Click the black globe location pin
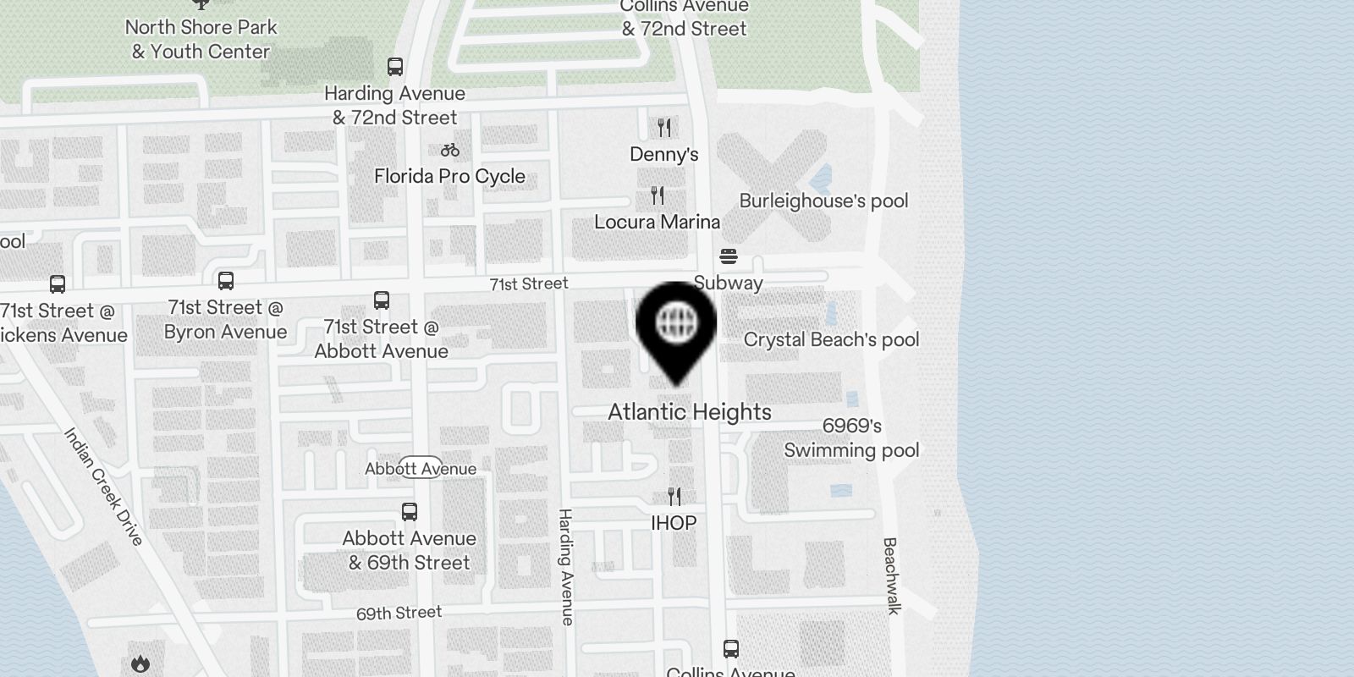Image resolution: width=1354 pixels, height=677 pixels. (x=676, y=325)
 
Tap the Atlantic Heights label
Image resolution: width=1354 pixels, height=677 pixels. (x=690, y=412)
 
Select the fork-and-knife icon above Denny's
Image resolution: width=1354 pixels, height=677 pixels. (x=664, y=128)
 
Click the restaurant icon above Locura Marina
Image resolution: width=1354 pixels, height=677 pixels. (x=658, y=195)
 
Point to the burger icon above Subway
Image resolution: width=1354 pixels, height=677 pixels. (x=729, y=256)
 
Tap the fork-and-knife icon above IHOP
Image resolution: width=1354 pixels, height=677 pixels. (x=674, y=496)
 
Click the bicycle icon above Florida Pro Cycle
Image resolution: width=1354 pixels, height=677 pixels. (x=450, y=150)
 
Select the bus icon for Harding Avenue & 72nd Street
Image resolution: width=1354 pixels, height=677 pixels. (x=394, y=67)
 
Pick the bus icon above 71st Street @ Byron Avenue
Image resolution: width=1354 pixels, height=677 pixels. (x=226, y=281)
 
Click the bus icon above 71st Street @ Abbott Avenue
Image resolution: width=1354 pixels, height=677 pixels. (x=382, y=300)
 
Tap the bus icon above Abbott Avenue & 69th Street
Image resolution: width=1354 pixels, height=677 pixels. (x=410, y=512)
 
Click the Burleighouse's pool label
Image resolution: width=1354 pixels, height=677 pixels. (x=823, y=201)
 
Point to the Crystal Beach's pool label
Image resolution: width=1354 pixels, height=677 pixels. (x=831, y=340)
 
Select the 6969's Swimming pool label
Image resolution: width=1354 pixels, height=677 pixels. (x=851, y=438)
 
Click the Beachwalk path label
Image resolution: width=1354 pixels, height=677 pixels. (x=890, y=575)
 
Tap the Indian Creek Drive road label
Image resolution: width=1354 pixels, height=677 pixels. (x=104, y=487)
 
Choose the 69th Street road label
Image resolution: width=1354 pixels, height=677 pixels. (x=399, y=613)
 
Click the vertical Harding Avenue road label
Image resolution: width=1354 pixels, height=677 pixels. (x=566, y=567)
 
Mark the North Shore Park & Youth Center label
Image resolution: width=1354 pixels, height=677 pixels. (x=201, y=39)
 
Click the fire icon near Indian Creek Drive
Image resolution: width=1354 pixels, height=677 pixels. (x=140, y=664)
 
